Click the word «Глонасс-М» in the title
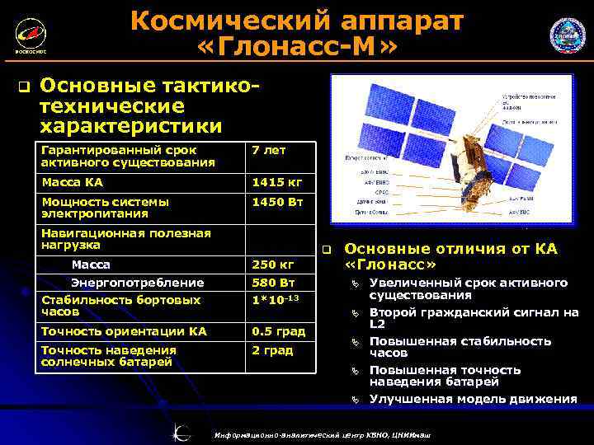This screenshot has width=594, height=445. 297,49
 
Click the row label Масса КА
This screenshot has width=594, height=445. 73,181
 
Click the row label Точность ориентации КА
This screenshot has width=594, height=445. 124,331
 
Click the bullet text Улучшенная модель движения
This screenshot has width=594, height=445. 473,399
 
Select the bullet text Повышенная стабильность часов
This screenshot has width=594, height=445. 460,347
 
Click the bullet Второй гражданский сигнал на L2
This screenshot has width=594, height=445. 474,318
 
